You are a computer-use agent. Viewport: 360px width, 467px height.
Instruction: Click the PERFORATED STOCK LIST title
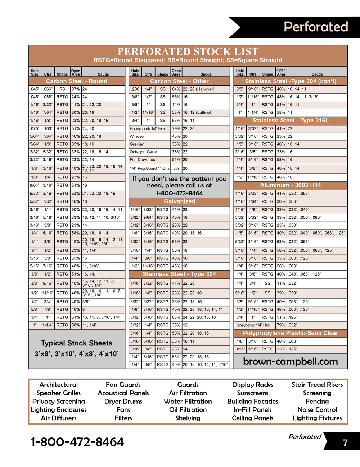pyautogui.click(x=188, y=51)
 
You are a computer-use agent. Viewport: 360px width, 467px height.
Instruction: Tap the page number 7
pyautogui.click(x=345, y=443)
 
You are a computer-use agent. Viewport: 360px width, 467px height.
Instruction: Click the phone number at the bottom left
pyautogui.click(x=77, y=442)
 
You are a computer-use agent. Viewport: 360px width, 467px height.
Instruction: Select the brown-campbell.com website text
pyautogui.click(x=291, y=362)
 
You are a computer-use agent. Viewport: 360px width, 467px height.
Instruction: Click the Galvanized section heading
pyautogui.click(x=179, y=201)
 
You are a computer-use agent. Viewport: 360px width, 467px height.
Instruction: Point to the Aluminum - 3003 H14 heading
pyautogui.click(x=291, y=185)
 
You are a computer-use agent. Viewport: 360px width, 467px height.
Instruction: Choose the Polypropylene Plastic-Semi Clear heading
pyautogui.click(x=291, y=333)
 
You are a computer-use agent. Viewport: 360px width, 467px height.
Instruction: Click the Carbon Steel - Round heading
pyautogui.click(x=76, y=81)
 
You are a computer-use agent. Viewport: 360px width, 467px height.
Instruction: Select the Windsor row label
pyautogui.click(x=138, y=136)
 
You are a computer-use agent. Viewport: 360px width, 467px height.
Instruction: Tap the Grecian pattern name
pyautogui.click(x=137, y=144)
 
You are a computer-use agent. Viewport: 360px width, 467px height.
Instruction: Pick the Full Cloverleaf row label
pyautogui.click(x=143, y=160)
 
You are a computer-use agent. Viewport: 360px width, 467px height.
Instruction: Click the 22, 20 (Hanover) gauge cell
pyautogui.click(x=199, y=89)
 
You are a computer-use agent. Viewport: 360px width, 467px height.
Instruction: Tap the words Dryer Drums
pyautogui.click(x=123, y=402)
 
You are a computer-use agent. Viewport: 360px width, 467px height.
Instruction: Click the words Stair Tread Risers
pyautogui.click(x=317, y=385)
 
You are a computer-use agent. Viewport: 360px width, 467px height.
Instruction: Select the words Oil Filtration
pyautogui.click(x=188, y=410)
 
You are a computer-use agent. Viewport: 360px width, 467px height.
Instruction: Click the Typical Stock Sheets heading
pyautogui.click(x=77, y=343)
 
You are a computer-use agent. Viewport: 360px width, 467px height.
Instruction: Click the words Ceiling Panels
pyautogui.click(x=252, y=418)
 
